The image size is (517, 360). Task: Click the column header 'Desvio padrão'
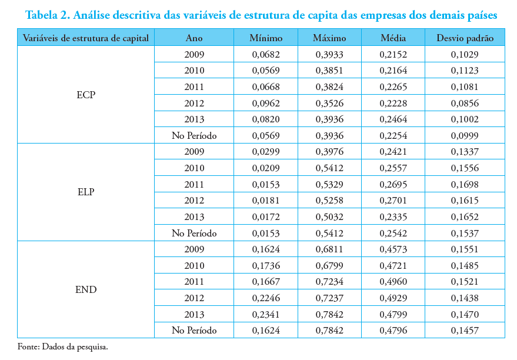[x=465, y=38]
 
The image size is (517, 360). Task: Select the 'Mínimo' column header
[x=265, y=38]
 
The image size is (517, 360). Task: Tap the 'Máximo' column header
[x=329, y=38]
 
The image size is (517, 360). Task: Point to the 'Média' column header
[x=393, y=38]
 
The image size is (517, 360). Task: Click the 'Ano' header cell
[x=194, y=38]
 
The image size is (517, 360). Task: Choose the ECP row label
[x=86, y=95]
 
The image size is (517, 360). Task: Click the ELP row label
[x=86, y=192]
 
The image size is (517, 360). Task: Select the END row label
[x=86, y=289]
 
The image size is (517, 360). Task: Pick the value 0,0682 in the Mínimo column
[x=265, y=55]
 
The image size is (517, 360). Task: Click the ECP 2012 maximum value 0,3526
[x=329, y=104]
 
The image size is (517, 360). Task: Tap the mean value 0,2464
[x=393, y=119]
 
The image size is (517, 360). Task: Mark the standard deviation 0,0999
[x=465, y=136]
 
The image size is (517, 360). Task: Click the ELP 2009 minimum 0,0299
[x=265, y=152]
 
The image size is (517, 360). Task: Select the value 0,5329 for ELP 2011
[x=329, y=185]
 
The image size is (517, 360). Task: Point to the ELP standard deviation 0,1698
[x=465, y=185]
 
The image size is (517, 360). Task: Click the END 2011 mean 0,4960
[x=393, y=282]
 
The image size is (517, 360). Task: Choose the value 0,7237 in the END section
[x=329, y=298]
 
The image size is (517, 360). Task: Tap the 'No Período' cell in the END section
[x=194, y=331]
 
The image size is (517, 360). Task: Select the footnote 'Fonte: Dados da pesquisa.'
[x=63, y=346]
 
